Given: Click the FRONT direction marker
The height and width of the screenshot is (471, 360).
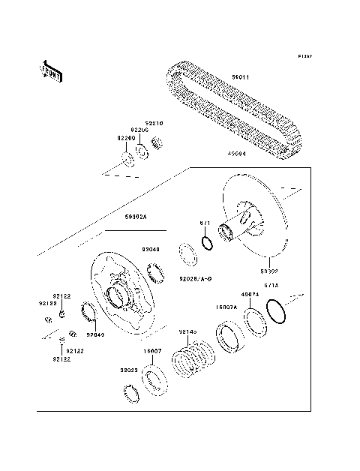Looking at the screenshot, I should [51, 71].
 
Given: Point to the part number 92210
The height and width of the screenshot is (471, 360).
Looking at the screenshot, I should [154, 122].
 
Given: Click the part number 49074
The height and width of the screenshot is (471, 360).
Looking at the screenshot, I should [249, 295].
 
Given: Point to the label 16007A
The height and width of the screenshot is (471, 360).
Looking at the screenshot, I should [226, 307].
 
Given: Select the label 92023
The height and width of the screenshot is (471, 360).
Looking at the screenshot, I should [130, 370].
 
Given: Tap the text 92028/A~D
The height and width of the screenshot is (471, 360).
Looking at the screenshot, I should [195, 279].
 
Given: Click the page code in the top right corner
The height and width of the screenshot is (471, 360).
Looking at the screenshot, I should [304, 56].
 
